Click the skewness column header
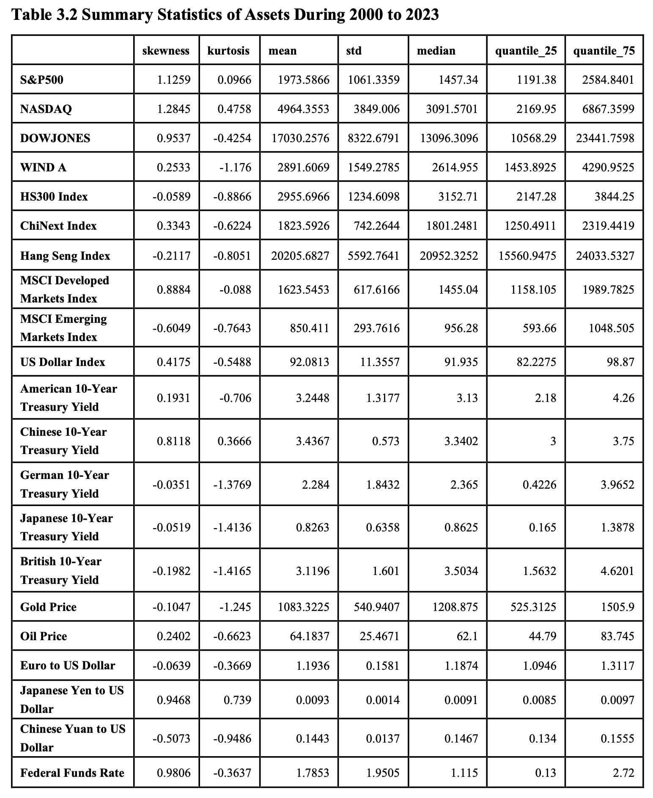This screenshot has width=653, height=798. tap(166, 51)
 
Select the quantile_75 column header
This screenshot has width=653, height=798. tap(604, 51)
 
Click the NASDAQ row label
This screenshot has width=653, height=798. tap(46, 109)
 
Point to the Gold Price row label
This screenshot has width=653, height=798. tap(48, 607)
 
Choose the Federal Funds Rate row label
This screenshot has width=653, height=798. tap(72, 773)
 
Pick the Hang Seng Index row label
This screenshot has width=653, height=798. tap(65, 256)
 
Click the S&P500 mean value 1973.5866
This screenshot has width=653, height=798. tap(303, 80)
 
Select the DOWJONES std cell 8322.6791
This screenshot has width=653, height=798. tap(373, 138)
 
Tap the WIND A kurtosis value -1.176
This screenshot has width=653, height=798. tap(235, 168)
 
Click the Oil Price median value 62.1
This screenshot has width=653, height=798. tap(467, 636)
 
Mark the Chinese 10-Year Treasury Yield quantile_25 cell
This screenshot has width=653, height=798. tap(553, 441)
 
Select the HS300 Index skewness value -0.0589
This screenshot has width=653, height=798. tap(171, 197)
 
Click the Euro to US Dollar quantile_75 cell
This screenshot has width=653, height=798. tap(617, 666)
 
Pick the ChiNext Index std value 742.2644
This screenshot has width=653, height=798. tap(376, 226)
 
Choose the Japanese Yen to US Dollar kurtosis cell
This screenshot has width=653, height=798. tap(237, 700)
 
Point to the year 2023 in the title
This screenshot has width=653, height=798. tap(421, 15)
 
